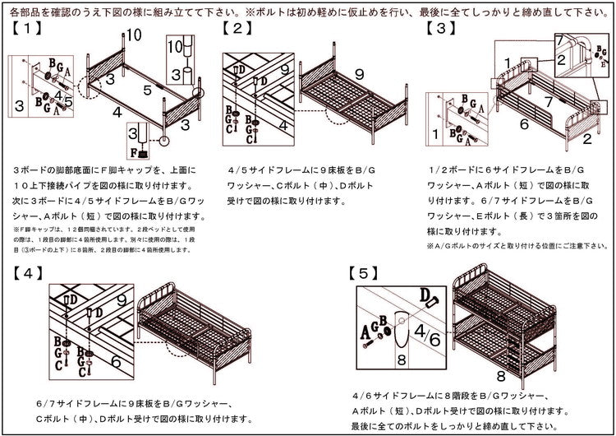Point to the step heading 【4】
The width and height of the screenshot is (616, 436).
click(28, 271)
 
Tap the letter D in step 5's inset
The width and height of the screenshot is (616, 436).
click(425, 293)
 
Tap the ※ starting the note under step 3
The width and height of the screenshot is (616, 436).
click(430, 246)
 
